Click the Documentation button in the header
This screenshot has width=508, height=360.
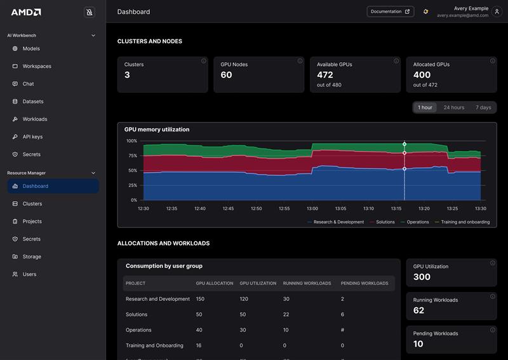pos(390,11)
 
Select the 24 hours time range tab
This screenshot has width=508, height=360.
pos(453,107)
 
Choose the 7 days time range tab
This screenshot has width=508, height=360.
pos(483,107)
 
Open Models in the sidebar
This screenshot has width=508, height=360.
pos(30,48)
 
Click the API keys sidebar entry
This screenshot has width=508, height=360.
pos(32,137)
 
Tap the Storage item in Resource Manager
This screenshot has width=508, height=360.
pos(32,257)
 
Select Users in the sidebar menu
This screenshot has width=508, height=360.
pos(29,274)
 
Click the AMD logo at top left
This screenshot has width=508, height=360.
pos(26,12)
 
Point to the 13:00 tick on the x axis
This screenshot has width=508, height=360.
pos(312,208)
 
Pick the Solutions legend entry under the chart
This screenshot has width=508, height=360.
pos(385,222)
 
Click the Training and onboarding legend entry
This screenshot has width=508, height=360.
pos(465,222)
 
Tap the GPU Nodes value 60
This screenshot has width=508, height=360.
pos(226,75)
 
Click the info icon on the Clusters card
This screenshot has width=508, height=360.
pos(204,61)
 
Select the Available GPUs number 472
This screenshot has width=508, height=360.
pos(324,75)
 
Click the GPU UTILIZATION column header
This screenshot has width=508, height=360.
pos(257,283)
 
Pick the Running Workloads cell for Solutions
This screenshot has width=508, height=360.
pos(286,314)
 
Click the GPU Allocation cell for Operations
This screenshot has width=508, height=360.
pos(199,330)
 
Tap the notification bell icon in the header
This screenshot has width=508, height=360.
pos(425,11)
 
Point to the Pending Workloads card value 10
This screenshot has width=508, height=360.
pos(418,344)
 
